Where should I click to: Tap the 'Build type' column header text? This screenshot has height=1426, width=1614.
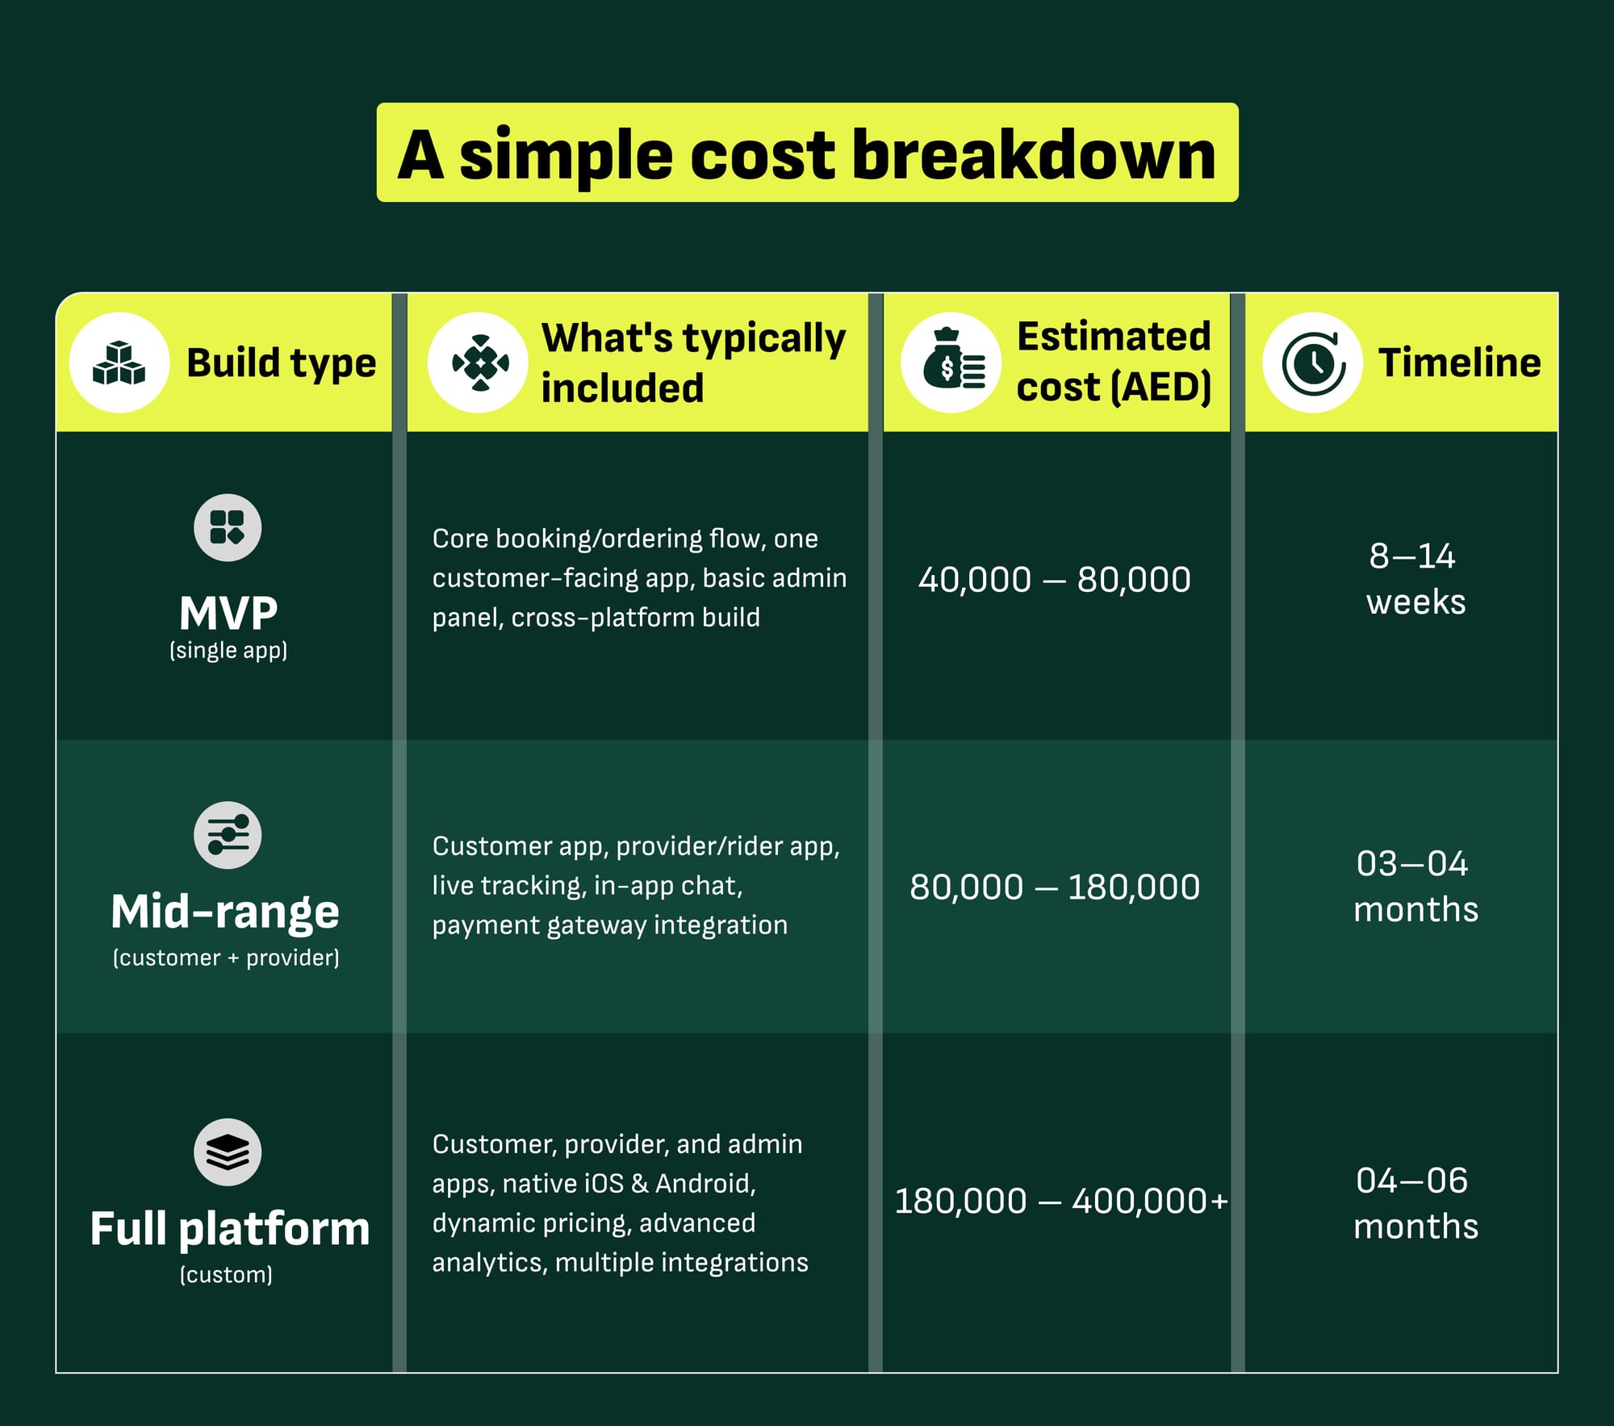pos(281,363)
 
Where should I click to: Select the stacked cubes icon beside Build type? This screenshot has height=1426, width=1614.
pos(119,363)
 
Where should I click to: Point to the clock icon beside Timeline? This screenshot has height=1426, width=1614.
pos(1313,363)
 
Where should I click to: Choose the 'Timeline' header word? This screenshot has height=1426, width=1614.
pos(1459,363)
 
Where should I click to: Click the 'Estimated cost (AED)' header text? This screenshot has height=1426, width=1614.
pos(1114,362)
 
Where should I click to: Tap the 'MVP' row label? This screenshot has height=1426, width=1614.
pos(228,613)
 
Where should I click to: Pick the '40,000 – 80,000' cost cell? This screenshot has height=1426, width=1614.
pos(1055,580)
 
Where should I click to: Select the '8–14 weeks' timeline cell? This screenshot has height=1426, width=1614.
pos(1415,579)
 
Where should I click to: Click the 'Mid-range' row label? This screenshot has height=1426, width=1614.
pos(225,912)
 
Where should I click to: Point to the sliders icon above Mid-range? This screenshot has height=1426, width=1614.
pos(228,835)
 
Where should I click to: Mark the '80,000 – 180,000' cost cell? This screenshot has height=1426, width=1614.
pos(1055,887)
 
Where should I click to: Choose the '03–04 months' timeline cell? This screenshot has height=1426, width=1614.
pos(1415,887)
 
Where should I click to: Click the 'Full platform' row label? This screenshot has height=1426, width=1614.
pos(230,1229)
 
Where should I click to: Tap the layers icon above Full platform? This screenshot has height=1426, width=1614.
pos(228,1152)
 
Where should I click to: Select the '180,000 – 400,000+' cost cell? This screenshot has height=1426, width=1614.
pos(1061,1202)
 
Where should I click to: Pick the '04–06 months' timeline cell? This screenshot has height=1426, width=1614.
pos(1415,1204)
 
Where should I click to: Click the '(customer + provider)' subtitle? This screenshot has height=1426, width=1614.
pos(226,958)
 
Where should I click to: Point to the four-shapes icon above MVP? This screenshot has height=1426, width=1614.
pos(228,527)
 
